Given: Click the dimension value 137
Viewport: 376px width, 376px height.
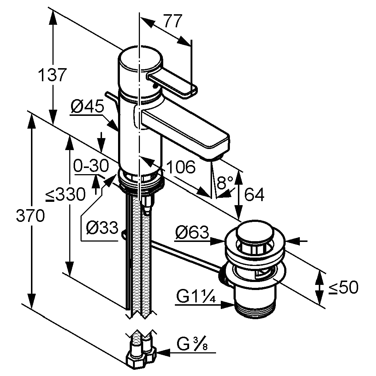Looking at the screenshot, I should (x=52, y=75).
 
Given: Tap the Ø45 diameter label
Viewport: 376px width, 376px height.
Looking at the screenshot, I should (x=87, y=107).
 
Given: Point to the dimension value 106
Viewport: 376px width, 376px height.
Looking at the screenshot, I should (x=181, y=168).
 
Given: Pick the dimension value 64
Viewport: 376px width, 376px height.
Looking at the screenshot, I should (x=254, y=195).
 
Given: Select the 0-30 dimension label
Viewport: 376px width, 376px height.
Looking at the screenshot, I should (x=91, y=167).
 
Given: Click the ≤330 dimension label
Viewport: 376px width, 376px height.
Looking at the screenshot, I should (x=66, y=196).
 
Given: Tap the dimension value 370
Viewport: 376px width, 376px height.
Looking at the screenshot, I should (x=30, y=216).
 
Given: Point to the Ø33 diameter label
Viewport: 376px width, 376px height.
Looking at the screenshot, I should (x=102, y=228).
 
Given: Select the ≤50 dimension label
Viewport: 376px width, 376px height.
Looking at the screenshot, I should (x=343, y=288).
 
